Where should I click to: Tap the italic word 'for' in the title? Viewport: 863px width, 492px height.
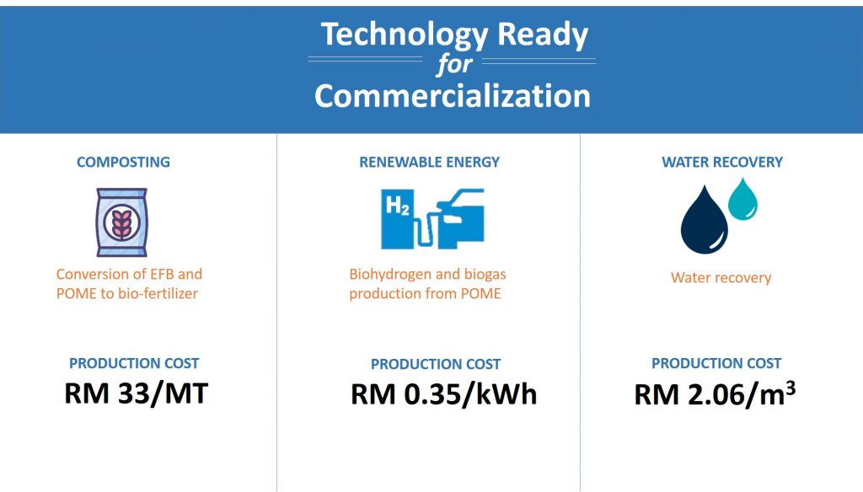pyautogui.click(x=454, y=64)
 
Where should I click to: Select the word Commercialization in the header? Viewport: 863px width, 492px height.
pyautogui.click(x=453, y=96)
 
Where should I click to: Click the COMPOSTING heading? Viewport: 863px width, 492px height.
pyautogui.click(x=123, y=162)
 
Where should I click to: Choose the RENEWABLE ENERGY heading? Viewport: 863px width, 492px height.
pyautogui.click(x=429, y=162)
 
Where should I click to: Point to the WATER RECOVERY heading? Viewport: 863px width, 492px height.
pyautogui.click(x=722, y=162)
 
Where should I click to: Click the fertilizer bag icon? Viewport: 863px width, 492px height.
pyautogui.click(x=121, y=222)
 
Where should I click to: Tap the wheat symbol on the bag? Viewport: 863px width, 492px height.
pyautogui.click(x=121, y=222)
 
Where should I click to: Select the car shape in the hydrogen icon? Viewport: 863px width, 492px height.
pyautogui.click(x=461, y=217)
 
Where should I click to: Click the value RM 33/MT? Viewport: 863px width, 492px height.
pyautogui.click(x=136, y=393)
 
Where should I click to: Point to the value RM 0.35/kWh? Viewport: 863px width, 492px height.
pyautogui.click(x=443, y=394)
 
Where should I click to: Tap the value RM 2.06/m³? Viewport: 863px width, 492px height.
pyautogui.click(x=715, y=393)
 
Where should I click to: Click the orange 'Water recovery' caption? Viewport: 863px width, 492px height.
pyautogui.click(x=721, y=278)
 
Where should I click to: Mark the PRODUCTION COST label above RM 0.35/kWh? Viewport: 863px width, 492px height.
pyautogui.click(x=436, y=364)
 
